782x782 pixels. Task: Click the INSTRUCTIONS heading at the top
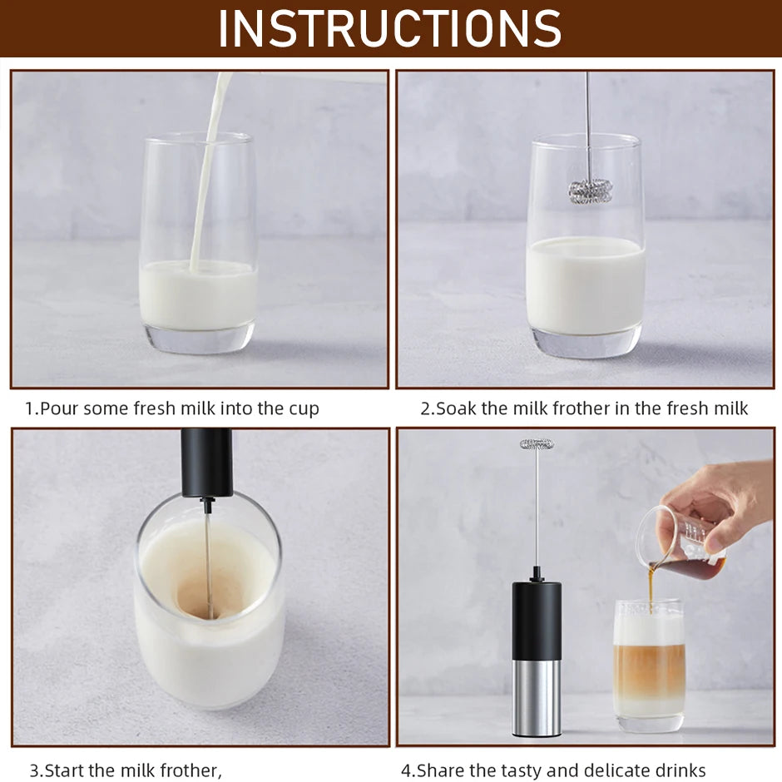point(390,28)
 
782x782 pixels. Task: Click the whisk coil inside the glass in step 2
point(589,191)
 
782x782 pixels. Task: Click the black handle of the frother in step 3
point(206,462)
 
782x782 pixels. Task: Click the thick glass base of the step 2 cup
point(586,340)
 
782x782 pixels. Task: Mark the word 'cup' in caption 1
point(304,408)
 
